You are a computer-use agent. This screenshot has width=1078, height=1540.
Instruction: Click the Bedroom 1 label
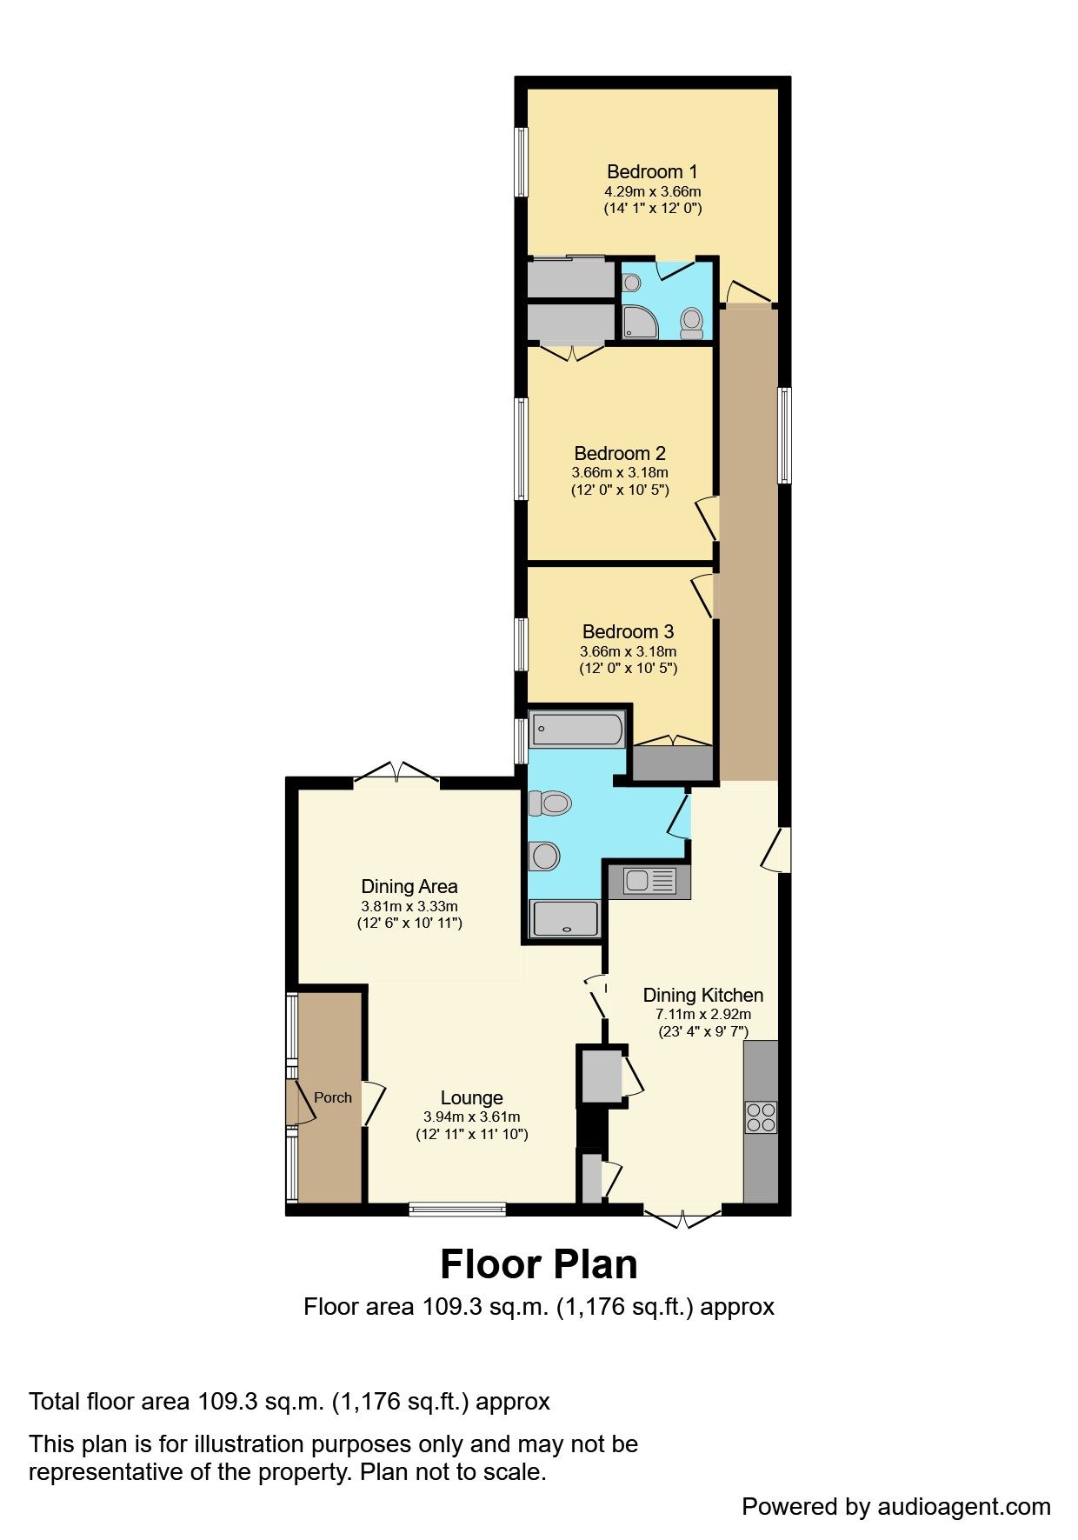pos(651,171)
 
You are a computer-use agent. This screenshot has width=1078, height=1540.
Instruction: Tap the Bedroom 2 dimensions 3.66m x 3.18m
pos(619,472)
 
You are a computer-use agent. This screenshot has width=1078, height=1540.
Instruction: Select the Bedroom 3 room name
pos(628,631)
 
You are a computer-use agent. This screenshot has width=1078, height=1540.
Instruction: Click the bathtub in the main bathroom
pos(577,729)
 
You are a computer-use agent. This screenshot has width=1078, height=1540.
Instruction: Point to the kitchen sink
pos(649,882)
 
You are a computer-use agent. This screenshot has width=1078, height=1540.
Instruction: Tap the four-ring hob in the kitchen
pos(760,1117)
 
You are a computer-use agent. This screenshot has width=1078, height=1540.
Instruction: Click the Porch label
pos(332,1097)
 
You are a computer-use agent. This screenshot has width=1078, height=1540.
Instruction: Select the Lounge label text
pos(471,1097)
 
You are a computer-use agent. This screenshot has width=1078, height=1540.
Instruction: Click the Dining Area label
pos(409,886)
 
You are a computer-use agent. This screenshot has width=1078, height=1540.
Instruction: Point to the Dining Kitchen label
pos(702,995)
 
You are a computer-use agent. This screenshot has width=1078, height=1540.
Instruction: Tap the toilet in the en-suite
pos(692,322)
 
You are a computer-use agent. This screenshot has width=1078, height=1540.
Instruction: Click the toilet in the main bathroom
pos(549,802)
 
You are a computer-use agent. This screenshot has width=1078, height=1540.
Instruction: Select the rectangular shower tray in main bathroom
pos(565,917)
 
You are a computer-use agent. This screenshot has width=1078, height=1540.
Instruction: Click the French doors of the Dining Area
pos(396,775)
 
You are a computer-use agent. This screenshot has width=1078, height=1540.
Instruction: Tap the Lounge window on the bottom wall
pos(457,1208)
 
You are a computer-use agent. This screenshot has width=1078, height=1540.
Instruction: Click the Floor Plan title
pos(538,1263)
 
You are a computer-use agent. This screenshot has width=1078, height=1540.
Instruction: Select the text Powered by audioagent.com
pos(895,1506)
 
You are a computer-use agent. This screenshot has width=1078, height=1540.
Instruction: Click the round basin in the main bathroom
pos(545,857)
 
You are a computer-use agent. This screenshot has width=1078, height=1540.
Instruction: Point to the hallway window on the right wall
pos(784,435)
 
